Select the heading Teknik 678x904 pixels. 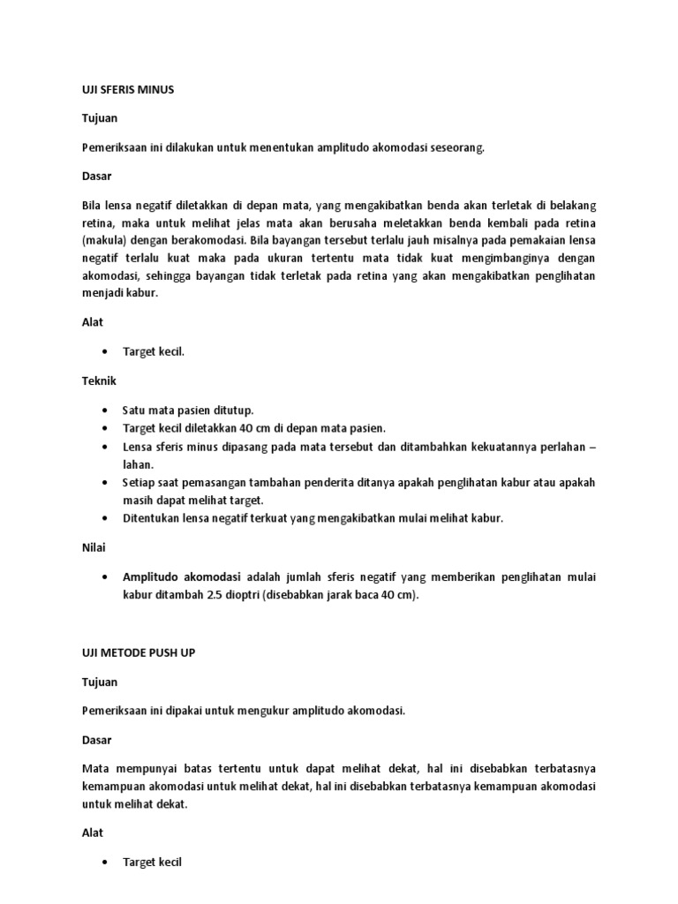click(x=99, y=380)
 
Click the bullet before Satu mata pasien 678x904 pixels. click(x=105, y=411)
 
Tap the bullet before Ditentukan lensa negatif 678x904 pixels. click(x=105, y=518)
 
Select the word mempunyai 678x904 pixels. click(x=139, y=768)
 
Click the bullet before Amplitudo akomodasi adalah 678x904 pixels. click(x=105, y=576)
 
